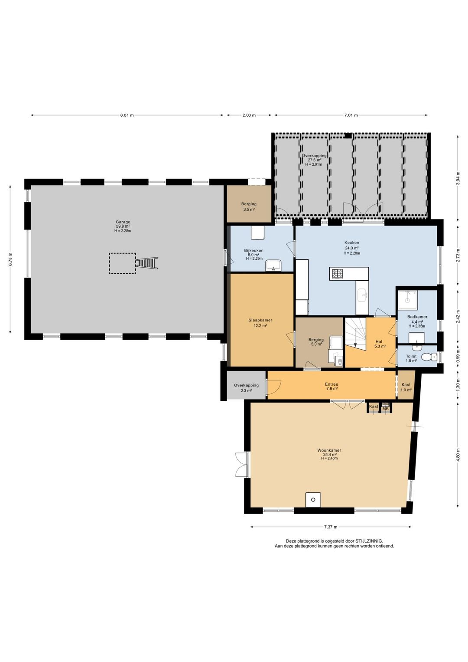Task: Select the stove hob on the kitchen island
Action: pos(337,274)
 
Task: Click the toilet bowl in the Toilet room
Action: pos(429,357)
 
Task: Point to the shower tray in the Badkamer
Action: pos(407,300)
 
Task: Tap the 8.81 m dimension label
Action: pos(127,115)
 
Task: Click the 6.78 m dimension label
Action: pos(11,259)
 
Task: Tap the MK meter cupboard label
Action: pos(385,409)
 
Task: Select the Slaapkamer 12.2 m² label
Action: pos(260,323)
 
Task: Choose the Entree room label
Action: pos(331,386)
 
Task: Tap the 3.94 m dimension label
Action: pos(458,178)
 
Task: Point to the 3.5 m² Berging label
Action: pos(249,206)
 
